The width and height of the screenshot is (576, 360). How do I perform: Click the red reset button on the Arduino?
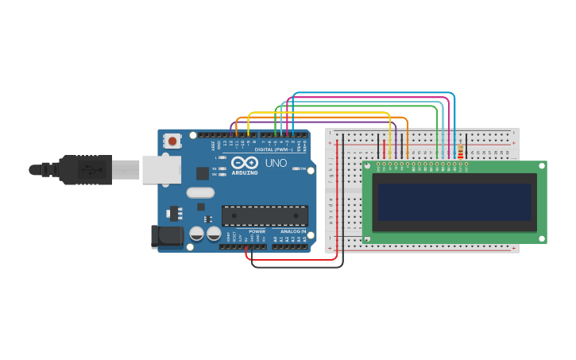pos(172,141)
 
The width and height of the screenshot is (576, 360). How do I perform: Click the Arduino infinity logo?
pos(245,162)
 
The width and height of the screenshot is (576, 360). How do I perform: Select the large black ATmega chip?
pos(265,215)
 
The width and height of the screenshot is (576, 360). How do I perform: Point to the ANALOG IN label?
pos(292,231)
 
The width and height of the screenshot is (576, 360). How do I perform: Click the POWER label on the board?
pos(257,231)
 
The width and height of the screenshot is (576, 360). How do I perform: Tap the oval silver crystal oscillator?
pos(200,192)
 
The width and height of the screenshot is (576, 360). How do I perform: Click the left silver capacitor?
pos(196,234)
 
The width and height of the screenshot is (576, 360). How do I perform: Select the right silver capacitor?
pos(214,234)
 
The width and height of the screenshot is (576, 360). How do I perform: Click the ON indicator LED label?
pos(303,168)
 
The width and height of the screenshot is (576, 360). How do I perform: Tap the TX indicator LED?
pos(222,168)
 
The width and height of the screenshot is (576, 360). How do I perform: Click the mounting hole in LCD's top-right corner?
pos(542,166)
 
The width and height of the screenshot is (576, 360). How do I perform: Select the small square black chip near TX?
pos(203,172)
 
